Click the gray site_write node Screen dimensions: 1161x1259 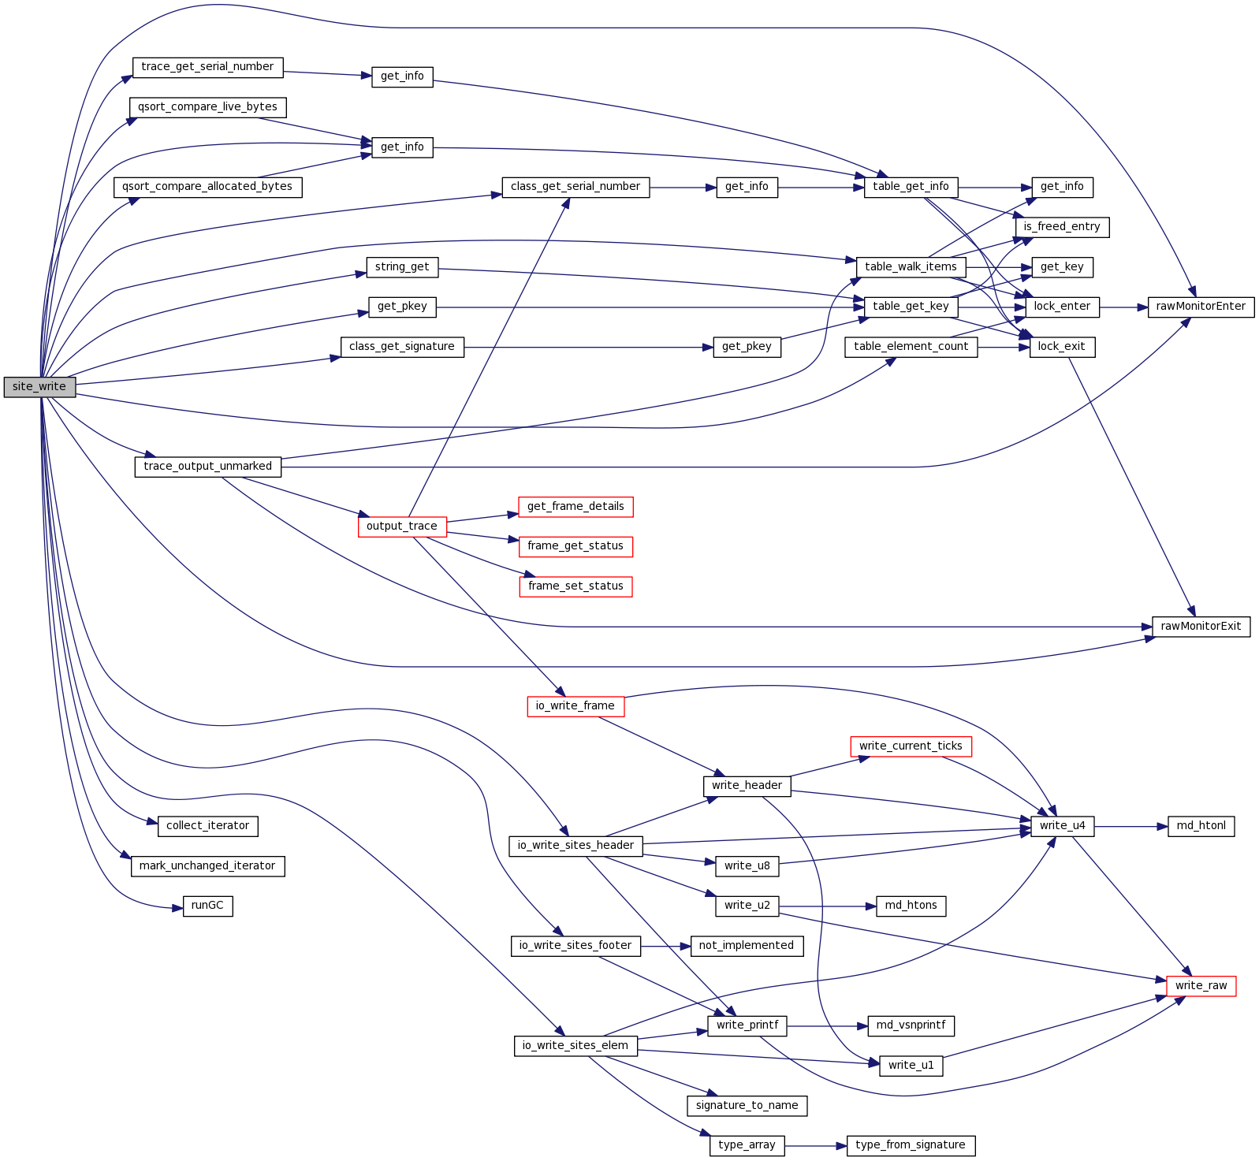pyautogui.click(x=39, y=387)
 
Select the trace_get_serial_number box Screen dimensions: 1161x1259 pyautogui.click(x=207, y=67)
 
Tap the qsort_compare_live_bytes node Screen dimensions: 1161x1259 pyautogui.click(x=207, y=107)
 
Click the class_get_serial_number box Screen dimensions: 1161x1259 pyautogui.click(x=575, y=187)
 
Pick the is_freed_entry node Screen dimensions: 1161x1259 pyautogui.click(x=1062, y=227)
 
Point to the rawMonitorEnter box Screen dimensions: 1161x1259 pyautogui.click(x=1201, y=307)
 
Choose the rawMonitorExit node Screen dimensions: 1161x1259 pyautogui.click(x=1201, y=627)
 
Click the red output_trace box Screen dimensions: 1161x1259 pyautogui.click(x=402, y=527)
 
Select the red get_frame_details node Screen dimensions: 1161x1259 pyautogui.click(x=575, y=507)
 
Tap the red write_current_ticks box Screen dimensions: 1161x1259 pyautogui.click(x=911, y=746)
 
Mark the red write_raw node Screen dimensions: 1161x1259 pyautogui.click(x=1201, y=986)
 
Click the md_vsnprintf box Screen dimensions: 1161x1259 pyautogui.click(x=911, y=1025)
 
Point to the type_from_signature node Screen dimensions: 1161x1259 pyautogui.click(x=911, y=1145)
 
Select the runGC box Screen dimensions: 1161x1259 pyautogui.click(x=207, y=906)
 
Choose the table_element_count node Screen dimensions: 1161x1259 pyautogui.click(x=911, y=347)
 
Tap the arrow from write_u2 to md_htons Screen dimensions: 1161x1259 pyautogui.click(x=828, y=906)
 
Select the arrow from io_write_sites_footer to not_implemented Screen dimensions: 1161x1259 pyautogui.click(x=666, y=946)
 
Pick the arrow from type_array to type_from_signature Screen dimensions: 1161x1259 pyautogui.click(x=816, y=1145)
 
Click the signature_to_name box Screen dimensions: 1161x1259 pyautogui.click(x=747, y=1106)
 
